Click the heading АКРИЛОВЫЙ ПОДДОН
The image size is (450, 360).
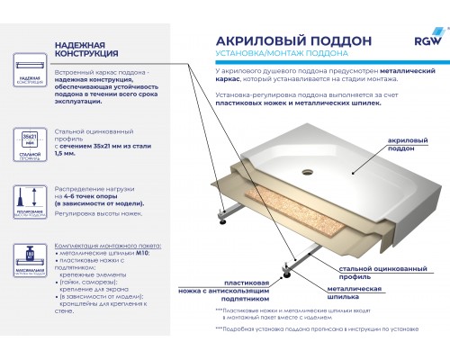(x=281, y=41)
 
